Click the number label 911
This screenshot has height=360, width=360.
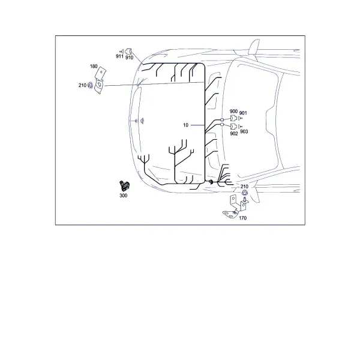119,56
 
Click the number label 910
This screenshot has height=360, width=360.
129,58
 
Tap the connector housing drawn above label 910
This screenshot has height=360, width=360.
129,52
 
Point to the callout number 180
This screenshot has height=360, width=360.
94,67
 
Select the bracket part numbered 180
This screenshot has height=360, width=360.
100,80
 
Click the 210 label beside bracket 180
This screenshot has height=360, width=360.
82,85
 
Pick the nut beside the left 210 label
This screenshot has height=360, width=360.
91,85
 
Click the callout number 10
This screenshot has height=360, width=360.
185,125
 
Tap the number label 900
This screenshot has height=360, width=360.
234,112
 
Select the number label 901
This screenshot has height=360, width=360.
243,113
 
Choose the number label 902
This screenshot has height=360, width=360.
234,134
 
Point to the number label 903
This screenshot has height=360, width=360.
244,131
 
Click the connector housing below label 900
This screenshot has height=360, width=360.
233,118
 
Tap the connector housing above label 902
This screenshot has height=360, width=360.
234,127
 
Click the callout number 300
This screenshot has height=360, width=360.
123,196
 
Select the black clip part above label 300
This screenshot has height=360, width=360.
124,186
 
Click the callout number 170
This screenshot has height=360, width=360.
242,218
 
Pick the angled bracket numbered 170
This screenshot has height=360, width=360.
235,206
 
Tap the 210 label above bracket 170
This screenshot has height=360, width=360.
244,187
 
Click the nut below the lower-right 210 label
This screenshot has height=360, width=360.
245,193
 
